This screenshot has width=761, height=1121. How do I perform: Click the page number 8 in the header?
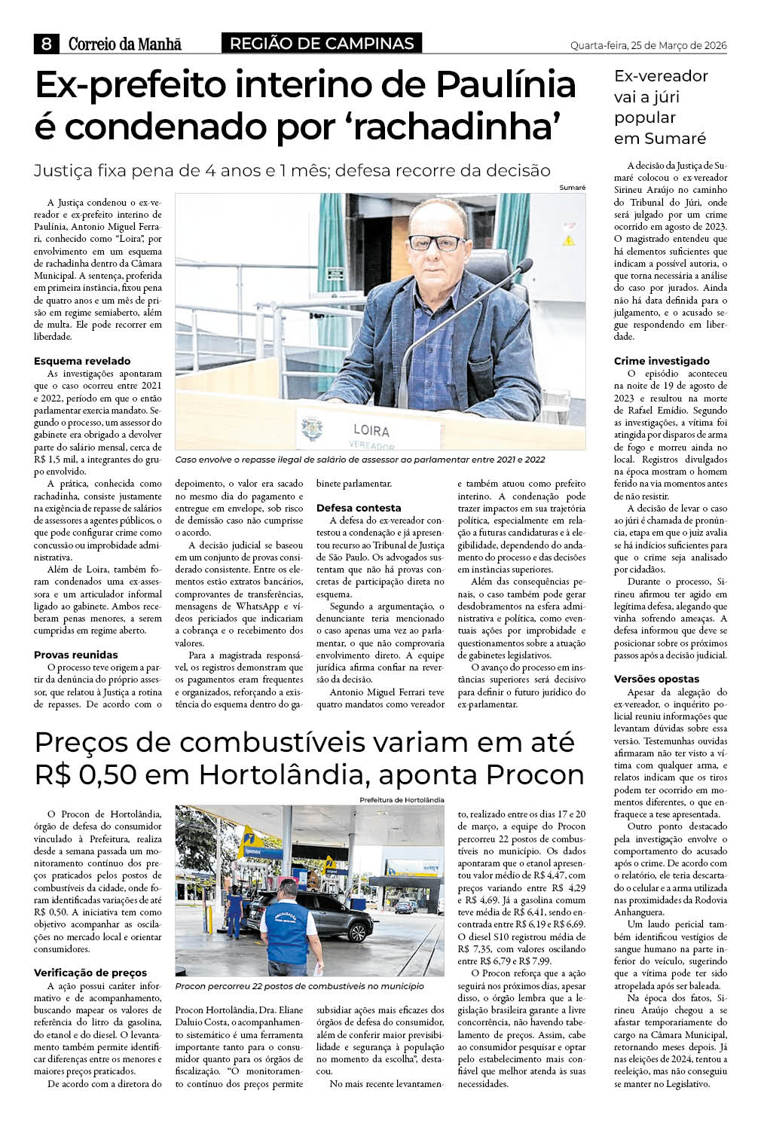click(46, 44)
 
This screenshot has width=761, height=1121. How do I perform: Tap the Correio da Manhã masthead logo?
click(125, 44)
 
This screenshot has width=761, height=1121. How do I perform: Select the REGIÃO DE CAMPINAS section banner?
click(322, 44)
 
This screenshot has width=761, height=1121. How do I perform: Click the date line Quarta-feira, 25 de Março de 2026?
click(648, 45)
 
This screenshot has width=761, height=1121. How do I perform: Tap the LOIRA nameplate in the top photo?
click(371, 431)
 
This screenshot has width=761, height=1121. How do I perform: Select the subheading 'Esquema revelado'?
click(82, 361)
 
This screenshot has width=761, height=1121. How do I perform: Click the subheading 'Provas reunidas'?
click(76, 655)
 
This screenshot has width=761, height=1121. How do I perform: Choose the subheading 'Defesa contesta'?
click(359, 508)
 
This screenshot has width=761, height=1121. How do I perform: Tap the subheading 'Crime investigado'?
click(662, 361)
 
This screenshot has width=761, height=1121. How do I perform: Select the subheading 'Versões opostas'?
click(656, 679)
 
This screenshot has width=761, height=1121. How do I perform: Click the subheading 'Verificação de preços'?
click(90, 973)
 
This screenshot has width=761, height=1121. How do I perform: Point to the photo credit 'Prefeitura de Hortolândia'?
click(402, 799)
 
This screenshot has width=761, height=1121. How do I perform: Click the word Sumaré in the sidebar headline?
click(659, 139)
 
